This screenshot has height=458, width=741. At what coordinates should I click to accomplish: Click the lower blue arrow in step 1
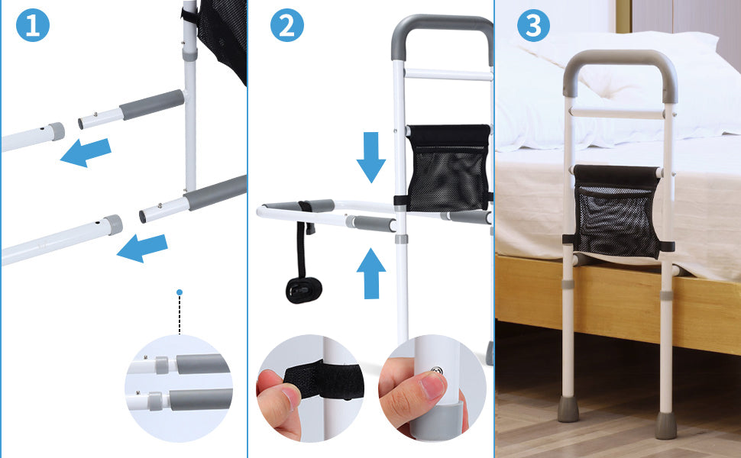pyautogui.click(x=143, y=247)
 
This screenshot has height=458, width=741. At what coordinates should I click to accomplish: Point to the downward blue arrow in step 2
pyautogui.click(x=370, y=156)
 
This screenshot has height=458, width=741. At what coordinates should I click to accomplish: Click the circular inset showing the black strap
pyautogui.click(x=310, y=388)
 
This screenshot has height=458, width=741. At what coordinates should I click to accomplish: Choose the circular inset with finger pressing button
pyautogui.click(x=432, y=388)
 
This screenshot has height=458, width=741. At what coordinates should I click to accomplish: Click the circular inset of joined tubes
pyautogui.click(x=179, y=388)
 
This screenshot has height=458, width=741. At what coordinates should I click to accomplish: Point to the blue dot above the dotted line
pyautogui.click(x=180, y=292)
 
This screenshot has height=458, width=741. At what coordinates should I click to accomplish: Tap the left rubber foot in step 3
pyautogui.click(x=568, y=408)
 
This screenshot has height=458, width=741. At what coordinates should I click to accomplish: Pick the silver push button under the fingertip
pyautogui.click(x=436, y=372)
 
